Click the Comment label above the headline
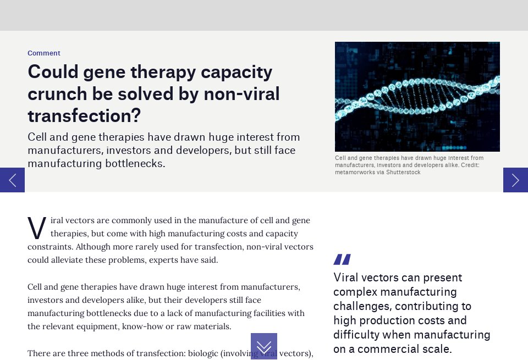click(44, 53)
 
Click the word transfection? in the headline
click(84, 116)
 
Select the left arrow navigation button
click(12, 180)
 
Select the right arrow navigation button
click(515, 180)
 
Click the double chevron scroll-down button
click(264, 346)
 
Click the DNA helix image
click(417, 96)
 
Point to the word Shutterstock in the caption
click(403, 172)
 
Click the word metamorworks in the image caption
click(354, 172)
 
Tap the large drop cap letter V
click(37, 229)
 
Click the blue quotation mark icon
click(342, 259)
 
